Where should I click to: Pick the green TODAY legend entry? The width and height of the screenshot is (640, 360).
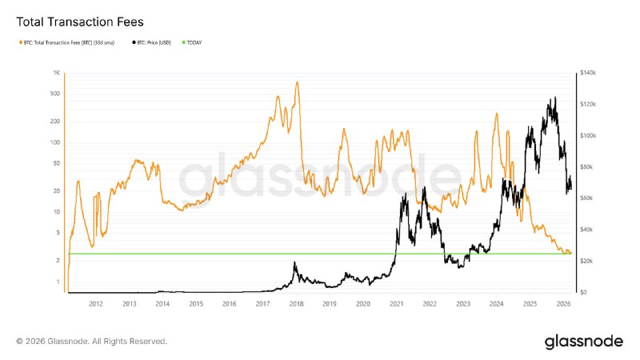[193, 42]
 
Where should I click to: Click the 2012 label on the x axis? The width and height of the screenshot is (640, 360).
[96, 304]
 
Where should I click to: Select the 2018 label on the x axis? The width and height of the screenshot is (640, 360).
[296, 304]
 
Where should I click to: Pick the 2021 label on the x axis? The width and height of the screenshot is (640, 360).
[396, 304]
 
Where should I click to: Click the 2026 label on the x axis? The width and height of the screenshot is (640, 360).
[563, 304]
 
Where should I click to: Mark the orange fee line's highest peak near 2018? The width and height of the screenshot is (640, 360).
[298, 82]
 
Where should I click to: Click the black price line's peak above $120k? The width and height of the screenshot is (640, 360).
[555, 98]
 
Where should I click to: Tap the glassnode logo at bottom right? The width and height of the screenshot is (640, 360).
[583, 342]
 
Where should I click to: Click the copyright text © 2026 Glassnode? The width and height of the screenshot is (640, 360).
[91, 342]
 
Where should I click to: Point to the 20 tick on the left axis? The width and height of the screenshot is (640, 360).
[58, 191]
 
